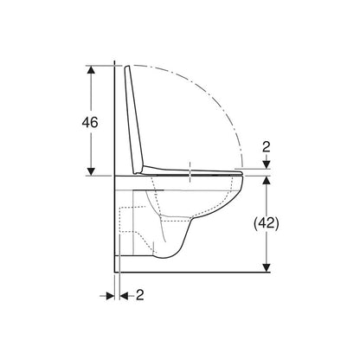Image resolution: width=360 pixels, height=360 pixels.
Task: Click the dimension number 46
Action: coord(90,123)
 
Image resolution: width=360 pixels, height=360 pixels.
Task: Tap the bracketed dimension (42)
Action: coord(267,223)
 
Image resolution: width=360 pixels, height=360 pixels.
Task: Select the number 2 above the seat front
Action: coord(267,147)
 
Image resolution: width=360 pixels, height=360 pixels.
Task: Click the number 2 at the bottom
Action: coord(140,295)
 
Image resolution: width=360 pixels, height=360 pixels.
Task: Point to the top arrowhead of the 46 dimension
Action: coord(91,69)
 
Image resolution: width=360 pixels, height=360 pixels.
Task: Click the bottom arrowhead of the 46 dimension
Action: coord(91,171)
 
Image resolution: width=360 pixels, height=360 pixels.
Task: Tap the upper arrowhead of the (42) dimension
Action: coord(267,180)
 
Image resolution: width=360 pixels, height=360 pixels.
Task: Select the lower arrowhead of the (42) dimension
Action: coord(267,267)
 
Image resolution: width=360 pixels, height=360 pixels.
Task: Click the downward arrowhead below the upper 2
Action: coord(267,164)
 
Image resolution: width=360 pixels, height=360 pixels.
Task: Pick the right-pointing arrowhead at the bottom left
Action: coord(111,296)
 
